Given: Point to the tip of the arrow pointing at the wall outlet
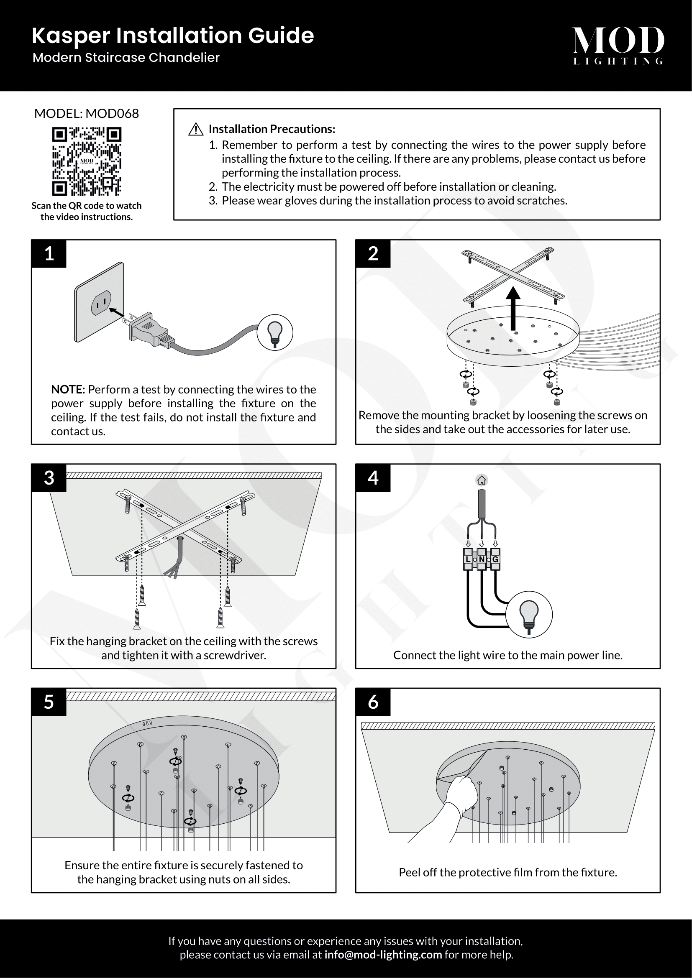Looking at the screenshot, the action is [x=109, y=309].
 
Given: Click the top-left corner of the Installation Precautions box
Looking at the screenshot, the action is [x=174, y=109].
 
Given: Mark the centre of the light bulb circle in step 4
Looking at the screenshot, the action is [x=529, y=614].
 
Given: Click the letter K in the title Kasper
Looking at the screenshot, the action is [x=39, y=36].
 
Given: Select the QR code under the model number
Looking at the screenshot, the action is [x=87, y=161].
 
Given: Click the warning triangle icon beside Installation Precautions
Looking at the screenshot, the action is [x=195, y=129].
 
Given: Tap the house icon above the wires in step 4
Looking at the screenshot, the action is [x=482, y=480].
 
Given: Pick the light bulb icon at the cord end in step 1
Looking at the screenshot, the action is [x=275, y=333].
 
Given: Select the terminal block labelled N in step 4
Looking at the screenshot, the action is [x=482, y=559].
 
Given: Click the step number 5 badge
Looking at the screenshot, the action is [x=49, y=702].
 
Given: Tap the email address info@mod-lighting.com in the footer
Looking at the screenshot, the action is [x=383, y=955].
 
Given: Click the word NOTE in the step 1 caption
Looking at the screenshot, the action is [x=68, y=389].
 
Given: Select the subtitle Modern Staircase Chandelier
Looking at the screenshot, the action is [x=126, y=58].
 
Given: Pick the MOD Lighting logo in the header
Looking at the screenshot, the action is [x=618, y=46].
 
